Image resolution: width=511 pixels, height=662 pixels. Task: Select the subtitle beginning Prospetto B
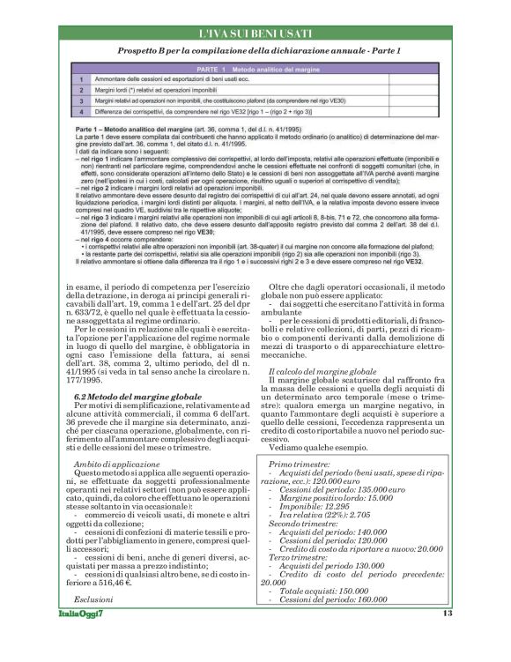255,52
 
